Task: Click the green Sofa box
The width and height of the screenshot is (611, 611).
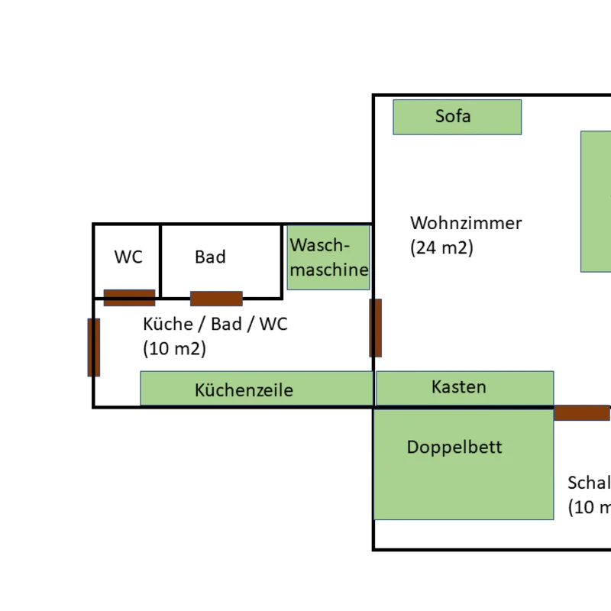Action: pyautogui.click(x=457, y=117)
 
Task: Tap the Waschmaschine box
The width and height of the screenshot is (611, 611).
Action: pyautogui.click(x=328, y=257)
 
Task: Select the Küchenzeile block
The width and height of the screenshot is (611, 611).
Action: pyautogui.click(x=256, y=389)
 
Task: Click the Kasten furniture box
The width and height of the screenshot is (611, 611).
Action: pyautogui.click(x=464, y=387)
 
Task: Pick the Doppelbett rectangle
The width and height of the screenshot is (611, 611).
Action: pyautogui.click(x=463, y=464)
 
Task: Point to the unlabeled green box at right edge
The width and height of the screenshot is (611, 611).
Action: pyautogui.click(x=596, y=201)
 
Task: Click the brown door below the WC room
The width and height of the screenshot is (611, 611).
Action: pyautogui.click(x=129, y=297)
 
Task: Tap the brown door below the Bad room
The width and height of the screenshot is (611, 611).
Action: pyautogui.click(x=216, y=298)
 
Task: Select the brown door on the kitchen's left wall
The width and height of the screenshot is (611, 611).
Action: pyautogui.click(x=94, y=348)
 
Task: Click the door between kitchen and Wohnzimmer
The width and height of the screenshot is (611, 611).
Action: pyautogui.click(x=375, y=328)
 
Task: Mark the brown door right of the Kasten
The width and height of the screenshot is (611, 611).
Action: pyautogui.click(x=581, y=413)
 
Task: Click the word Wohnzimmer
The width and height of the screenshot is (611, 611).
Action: pyautogui.click(x=466, y=223)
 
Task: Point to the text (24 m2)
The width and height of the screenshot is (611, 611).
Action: pyautogui.click(x=441, y=247)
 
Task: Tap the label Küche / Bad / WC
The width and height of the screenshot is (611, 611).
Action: pyautogui.click(x=215, y=324)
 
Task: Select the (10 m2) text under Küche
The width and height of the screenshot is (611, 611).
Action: pyautogui.click(x=174, y=348)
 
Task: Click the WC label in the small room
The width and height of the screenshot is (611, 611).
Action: pyautogui.click(x=128, y=257)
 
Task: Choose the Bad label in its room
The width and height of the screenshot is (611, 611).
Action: pyautogui.click(x=210, y=257)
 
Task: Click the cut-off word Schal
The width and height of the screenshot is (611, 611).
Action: pyautogui.click(x=589, y=483)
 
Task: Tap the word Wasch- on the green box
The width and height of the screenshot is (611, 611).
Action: pyautogui.click(x=319, y=246)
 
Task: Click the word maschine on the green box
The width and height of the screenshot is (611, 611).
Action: pyautogui.click(x=329, y=270)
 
